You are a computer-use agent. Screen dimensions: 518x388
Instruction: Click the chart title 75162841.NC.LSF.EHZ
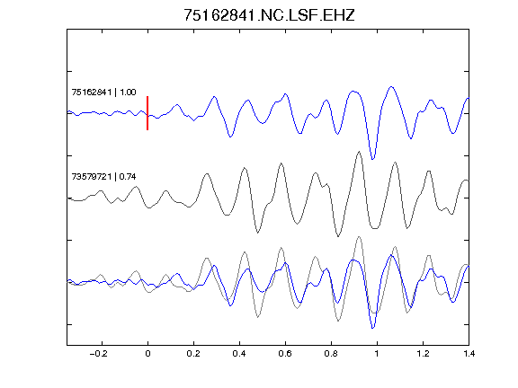(269, 15)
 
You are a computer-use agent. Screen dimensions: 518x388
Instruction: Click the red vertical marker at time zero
(147, 113)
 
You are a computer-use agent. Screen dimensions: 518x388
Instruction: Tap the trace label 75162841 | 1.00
(103, 92)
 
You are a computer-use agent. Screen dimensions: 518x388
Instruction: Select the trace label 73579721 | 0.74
(103, 177)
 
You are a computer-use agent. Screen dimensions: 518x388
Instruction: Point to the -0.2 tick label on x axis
(99, 354)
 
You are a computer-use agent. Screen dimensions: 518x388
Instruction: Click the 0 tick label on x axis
(147, 354)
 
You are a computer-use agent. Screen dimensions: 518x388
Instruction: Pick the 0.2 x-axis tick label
(193, 354)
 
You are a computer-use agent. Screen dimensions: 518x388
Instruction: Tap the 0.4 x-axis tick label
(239, 354)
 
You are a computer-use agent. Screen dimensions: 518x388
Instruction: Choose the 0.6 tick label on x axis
(285, 354)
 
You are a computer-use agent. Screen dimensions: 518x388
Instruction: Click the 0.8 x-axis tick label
(331, 354)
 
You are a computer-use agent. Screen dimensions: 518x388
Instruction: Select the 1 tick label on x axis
(377, 354)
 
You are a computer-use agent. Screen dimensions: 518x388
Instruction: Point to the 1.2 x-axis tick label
(423, 354)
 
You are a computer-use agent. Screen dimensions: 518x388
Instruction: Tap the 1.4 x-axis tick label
(469, 354)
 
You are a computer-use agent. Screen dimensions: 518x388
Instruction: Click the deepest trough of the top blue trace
(373, 159)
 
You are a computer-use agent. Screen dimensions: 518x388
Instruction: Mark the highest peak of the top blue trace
(391, 87)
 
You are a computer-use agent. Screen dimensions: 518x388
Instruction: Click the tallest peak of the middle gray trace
(359, 152)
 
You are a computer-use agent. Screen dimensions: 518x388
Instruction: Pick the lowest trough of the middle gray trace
(338, 236)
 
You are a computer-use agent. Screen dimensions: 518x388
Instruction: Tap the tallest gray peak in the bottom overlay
(359, 236)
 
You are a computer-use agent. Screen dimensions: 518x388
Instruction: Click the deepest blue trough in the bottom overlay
(373, 329)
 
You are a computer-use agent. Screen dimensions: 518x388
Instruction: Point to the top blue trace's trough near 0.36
(230, 137)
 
